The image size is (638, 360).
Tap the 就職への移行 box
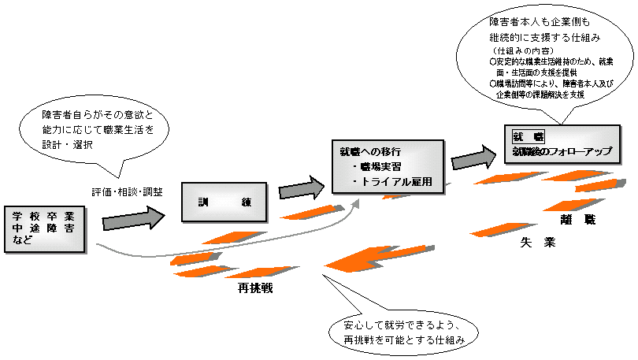point(387,166)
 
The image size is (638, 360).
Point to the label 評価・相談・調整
point(127,191)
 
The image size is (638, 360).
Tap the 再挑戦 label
point(255,288)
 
